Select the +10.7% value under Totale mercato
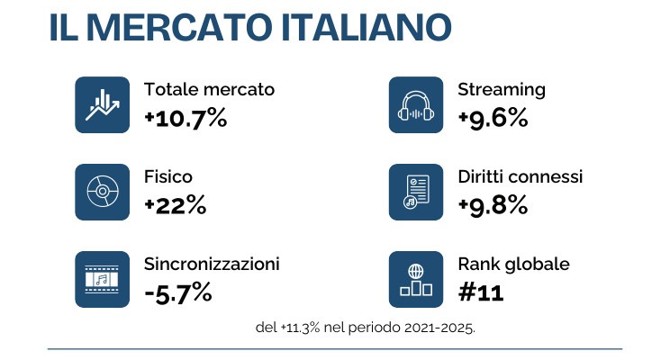186,117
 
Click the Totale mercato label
209,90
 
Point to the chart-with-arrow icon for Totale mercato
103,105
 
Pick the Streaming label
502,90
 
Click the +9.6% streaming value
493,117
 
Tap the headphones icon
416,105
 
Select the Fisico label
168,176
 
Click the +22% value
176,204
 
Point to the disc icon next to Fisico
103,193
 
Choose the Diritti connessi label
521,176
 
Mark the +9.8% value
493,204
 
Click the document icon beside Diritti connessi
416,193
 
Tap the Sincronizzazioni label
212,265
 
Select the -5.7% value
178,292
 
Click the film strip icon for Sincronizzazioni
103,279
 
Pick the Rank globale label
513,265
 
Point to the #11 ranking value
481,292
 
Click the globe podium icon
416,279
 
